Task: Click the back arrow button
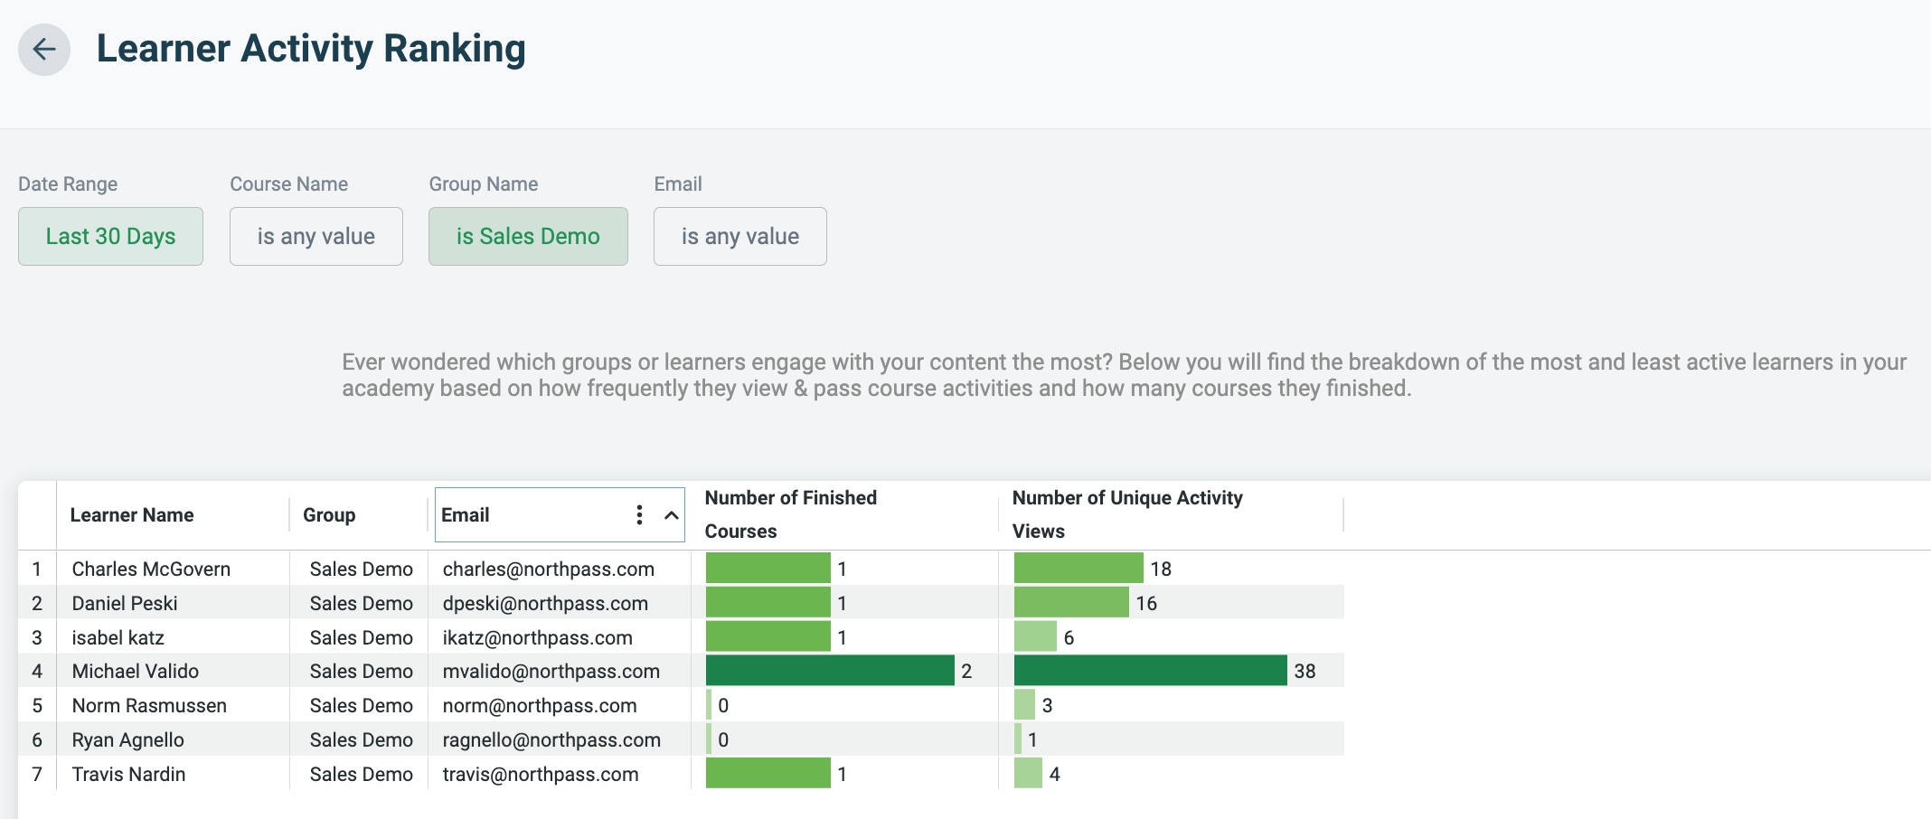point(43,50)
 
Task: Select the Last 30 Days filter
point(110,236)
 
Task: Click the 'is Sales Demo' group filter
point(528,236)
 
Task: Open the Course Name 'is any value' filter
point(316,236)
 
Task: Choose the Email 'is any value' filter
point(739,236)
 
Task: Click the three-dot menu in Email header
point(639,515)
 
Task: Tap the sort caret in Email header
point(671,515)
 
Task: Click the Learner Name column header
point(132,515)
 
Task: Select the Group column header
point(329,515)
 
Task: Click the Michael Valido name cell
point(136,671)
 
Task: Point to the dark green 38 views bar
point(1150,671)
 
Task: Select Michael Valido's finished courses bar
point(829,671)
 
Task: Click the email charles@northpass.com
point(548,569)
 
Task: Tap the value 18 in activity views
point(1161,569)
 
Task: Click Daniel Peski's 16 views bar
point(1071,603)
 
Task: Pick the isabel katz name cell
point(118,637)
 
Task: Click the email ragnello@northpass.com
point(551,739)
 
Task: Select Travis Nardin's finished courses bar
point(768,774)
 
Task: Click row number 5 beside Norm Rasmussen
point(37,705)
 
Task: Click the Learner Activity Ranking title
point(311,49)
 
